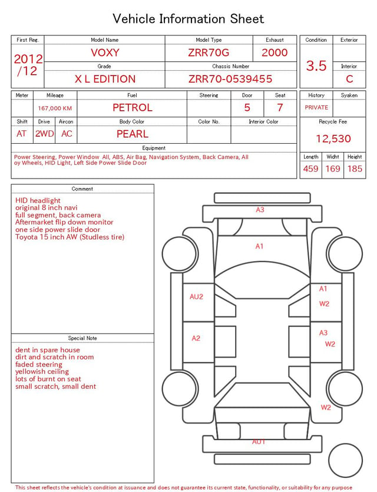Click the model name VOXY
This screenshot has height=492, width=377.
click(x=105, y=52)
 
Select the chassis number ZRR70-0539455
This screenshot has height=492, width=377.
click(x=230, y=79)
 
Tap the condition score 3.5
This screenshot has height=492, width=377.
click(x=316, y=66)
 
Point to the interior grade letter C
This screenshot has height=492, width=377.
click(x=349, y=79)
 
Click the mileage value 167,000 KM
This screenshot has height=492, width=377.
click(x=55, y=108)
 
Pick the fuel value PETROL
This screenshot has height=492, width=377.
click(x=133, y=108)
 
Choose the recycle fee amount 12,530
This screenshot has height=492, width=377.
click(x=333, y=138)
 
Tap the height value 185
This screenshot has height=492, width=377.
click(x=355, y=169)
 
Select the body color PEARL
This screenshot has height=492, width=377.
click(x=133, y=134)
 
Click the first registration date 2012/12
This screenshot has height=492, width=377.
click(x=28, y=65)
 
